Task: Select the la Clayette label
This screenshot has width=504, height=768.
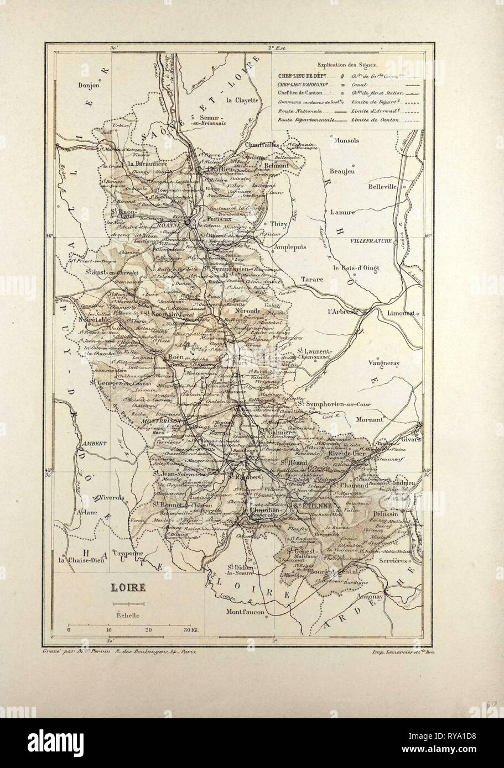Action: pyautogui.click(x=242, y=100)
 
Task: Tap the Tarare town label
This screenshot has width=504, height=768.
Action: pyautogui.click(x=312, y=280)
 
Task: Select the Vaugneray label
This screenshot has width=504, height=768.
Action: pyautogui.click(x=386, y=363)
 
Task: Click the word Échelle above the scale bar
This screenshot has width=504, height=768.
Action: pyautogui.click(x=128, y=614)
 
